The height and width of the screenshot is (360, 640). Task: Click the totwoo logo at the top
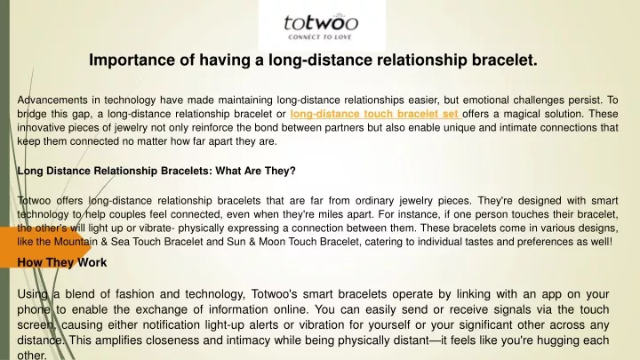(x=321, y=26)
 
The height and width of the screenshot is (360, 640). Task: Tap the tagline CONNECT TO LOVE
(x=320, y=37)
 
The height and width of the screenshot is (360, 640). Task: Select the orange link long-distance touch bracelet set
(x=374, y=114)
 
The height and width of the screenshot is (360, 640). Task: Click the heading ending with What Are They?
(x=156, y=171)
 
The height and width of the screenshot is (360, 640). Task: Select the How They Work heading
(x=62, y=262)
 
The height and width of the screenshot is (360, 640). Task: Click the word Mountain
(x=76, y=242)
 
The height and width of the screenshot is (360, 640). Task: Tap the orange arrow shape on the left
(x=45, y=247)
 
